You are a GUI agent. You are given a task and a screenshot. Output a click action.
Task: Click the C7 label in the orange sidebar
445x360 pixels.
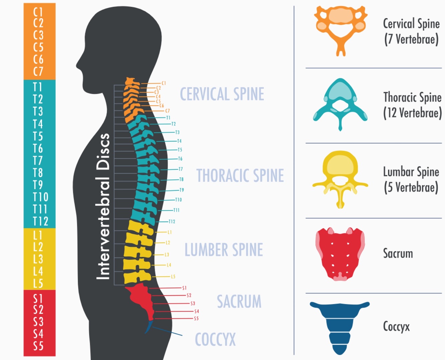[x=38, y=71]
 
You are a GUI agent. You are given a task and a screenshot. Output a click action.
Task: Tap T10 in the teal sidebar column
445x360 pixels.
[x=40, y=197]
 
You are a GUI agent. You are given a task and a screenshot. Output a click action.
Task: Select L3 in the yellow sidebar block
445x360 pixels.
[x=38, y=259]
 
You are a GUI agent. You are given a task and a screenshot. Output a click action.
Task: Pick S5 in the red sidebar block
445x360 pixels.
[x=38, y=346]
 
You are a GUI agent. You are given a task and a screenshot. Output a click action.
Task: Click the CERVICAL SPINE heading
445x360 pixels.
[x=222, y=94]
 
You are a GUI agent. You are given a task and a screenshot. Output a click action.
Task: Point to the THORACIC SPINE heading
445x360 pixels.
[x=240, y=176]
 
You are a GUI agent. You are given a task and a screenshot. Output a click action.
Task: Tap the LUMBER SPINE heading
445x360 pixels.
[x=224, y=250]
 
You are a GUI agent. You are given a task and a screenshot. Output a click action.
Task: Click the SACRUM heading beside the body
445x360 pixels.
[x=239, y=302]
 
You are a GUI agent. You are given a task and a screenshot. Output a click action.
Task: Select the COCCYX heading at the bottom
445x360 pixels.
[x=215, y=340]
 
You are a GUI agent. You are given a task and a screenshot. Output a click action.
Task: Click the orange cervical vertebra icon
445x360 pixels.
[x=341, y=28]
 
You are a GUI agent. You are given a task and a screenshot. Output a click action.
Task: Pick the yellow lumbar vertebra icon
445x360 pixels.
[x=340, y=177]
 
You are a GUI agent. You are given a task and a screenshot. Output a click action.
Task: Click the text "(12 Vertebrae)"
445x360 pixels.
[x=412, y=113]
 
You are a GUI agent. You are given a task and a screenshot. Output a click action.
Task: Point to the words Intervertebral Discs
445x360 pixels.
[x=103, y=206]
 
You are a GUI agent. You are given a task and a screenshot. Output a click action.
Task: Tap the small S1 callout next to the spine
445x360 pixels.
[x=184, y=288]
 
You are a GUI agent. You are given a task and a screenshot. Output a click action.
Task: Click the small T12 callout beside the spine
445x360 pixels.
[x=171, y=221]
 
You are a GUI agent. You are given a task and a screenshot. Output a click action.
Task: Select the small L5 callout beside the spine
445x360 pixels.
[x=173, y=277]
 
